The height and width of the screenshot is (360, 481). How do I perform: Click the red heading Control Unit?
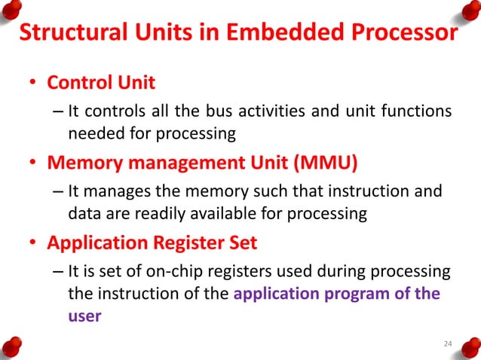coord(102,81)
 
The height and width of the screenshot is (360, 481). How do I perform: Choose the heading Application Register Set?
coord(152,243)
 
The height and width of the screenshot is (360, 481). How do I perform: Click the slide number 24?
coord(448,344)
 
